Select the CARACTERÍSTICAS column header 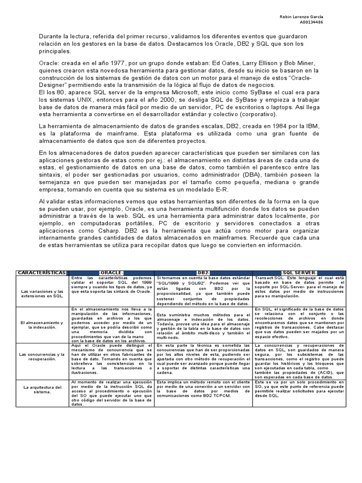point(42,273)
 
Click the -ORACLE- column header point(112,273)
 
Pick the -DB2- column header point(204,273)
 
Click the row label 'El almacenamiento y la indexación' point(42,325)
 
